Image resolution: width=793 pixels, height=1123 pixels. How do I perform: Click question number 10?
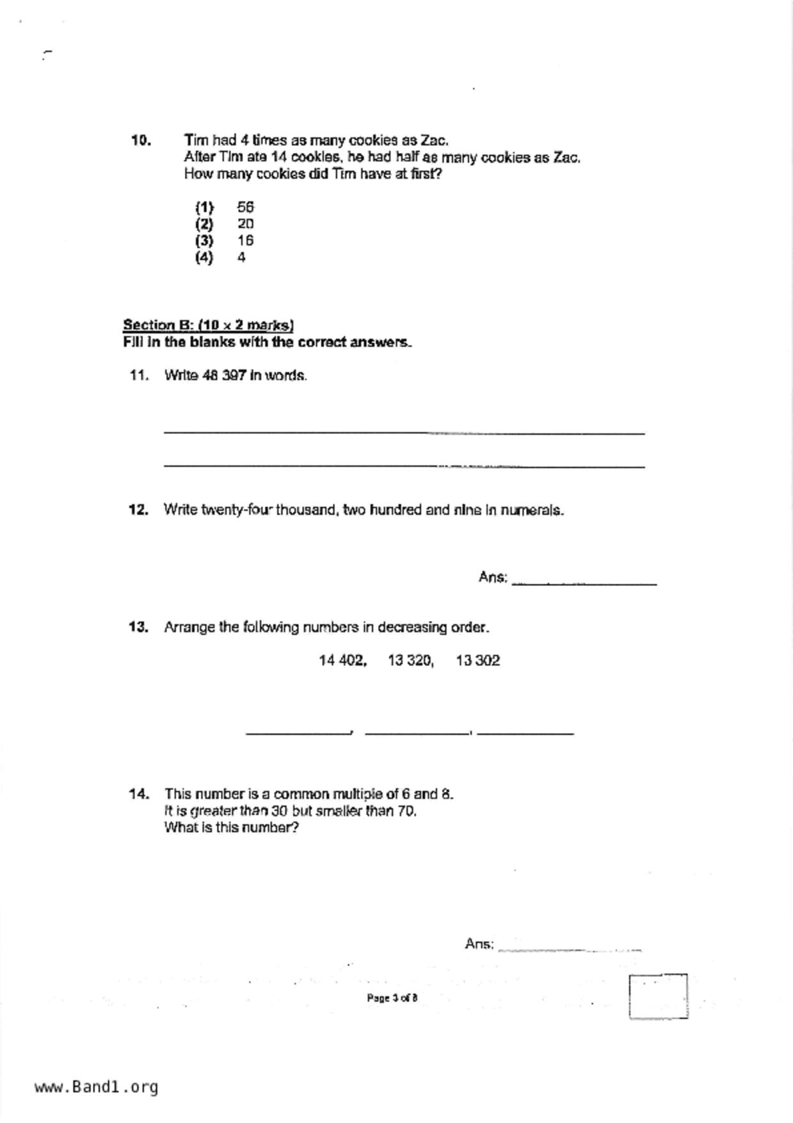141,140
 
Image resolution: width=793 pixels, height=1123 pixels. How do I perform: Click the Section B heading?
208,325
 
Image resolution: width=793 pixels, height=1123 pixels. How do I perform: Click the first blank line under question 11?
404,432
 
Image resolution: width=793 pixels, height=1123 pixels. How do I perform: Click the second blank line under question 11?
404,465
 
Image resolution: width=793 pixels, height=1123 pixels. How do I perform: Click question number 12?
138,510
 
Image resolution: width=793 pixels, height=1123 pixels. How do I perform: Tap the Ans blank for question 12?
584,581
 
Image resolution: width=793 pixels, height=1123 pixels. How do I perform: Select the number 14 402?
342,661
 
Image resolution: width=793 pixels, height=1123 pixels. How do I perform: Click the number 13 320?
410,661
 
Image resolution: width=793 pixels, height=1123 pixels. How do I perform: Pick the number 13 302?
477,661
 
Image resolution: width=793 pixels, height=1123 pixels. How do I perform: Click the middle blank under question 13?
417,731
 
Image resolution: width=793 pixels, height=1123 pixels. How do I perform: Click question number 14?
139,794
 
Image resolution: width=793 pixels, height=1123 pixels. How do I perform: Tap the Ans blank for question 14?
570,948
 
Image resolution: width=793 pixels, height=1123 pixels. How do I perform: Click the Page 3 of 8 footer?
392,998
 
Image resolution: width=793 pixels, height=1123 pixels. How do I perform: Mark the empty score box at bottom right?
658,996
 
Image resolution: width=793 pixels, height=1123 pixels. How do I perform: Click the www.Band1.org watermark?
96,1087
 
